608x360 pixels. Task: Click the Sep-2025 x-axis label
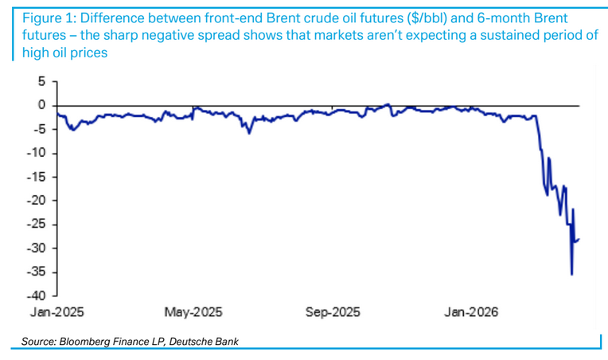pos(332,311)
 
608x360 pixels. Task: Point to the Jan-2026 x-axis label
pos(470,311)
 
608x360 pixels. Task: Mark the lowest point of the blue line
pos(571,275)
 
